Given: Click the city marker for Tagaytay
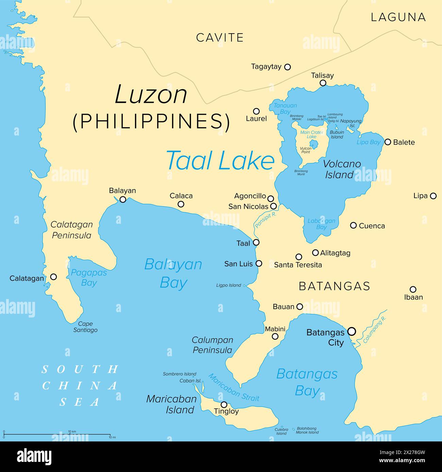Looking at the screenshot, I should tap(287, 67).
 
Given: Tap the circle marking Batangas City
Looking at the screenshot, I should tap(352, 331).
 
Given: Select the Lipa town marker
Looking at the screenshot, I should tap(433, 196).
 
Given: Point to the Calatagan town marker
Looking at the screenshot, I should tap(53, 277).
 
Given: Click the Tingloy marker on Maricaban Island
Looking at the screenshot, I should tap(224, 404).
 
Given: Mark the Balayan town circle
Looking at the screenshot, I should tap(123, 199).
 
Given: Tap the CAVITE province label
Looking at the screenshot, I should tap(220, 37).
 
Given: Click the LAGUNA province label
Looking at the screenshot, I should tap(398, 17).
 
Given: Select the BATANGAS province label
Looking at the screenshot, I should tap(334, 286).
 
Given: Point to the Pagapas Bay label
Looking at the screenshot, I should tap(89, 277).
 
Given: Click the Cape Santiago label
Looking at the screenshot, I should tap(85, 327).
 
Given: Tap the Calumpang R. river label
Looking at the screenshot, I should tap(375, 329).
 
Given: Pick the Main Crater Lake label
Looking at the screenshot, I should tap(311, 134).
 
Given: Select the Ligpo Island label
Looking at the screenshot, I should tap(228, 285).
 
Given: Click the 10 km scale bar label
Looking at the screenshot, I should tap(72, 431).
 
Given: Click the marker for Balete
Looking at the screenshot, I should tap(388, 142).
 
